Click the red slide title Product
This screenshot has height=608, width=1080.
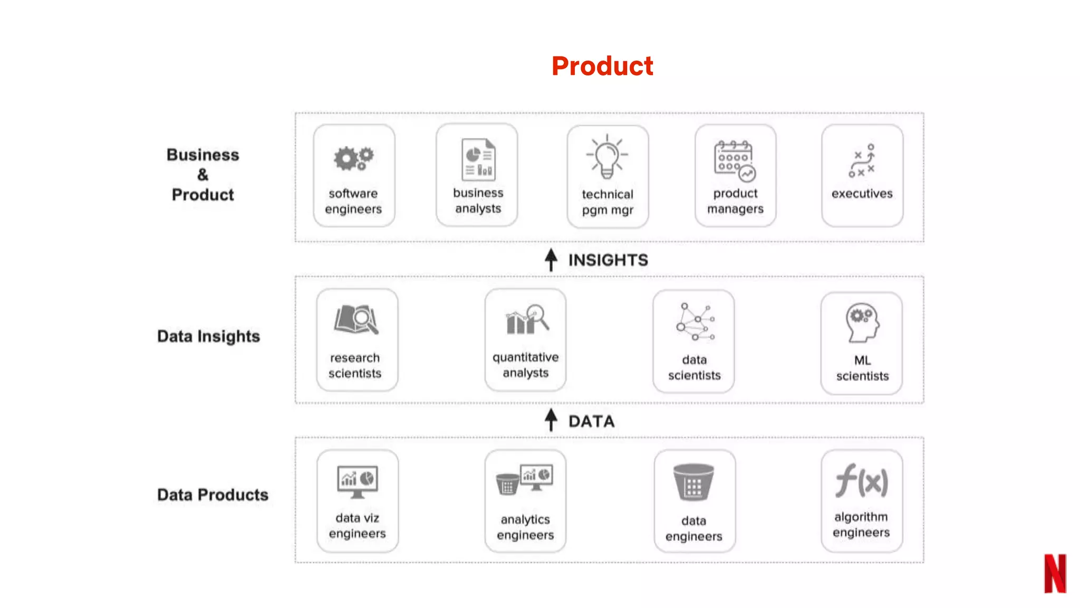click(602, 66)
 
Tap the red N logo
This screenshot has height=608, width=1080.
click(1055, 573)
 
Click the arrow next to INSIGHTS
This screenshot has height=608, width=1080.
click(551, 260)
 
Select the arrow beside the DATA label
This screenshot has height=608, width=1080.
click(551, 420)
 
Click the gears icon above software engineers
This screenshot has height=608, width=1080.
click(353, 158)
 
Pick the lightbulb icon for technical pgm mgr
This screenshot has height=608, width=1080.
click(607, 157)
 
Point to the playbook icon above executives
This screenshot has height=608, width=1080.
click(862, 160)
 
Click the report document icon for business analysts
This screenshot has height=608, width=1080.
click(478, 159)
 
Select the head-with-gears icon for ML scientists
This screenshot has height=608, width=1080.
click(862, 322)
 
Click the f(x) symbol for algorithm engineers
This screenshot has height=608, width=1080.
click(862, 481)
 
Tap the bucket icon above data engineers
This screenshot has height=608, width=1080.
click(693, 482)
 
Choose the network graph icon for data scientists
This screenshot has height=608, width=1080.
click(695, 321)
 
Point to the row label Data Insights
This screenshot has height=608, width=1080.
click(208, 336)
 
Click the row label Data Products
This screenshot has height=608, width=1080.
click(213, 495)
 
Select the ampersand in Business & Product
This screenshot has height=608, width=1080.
click(203, 175)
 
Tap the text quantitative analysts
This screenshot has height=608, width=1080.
click(525, 365)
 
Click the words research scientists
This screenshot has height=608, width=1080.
click(355, 365)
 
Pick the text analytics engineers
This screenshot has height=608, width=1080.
click(525, 527)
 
